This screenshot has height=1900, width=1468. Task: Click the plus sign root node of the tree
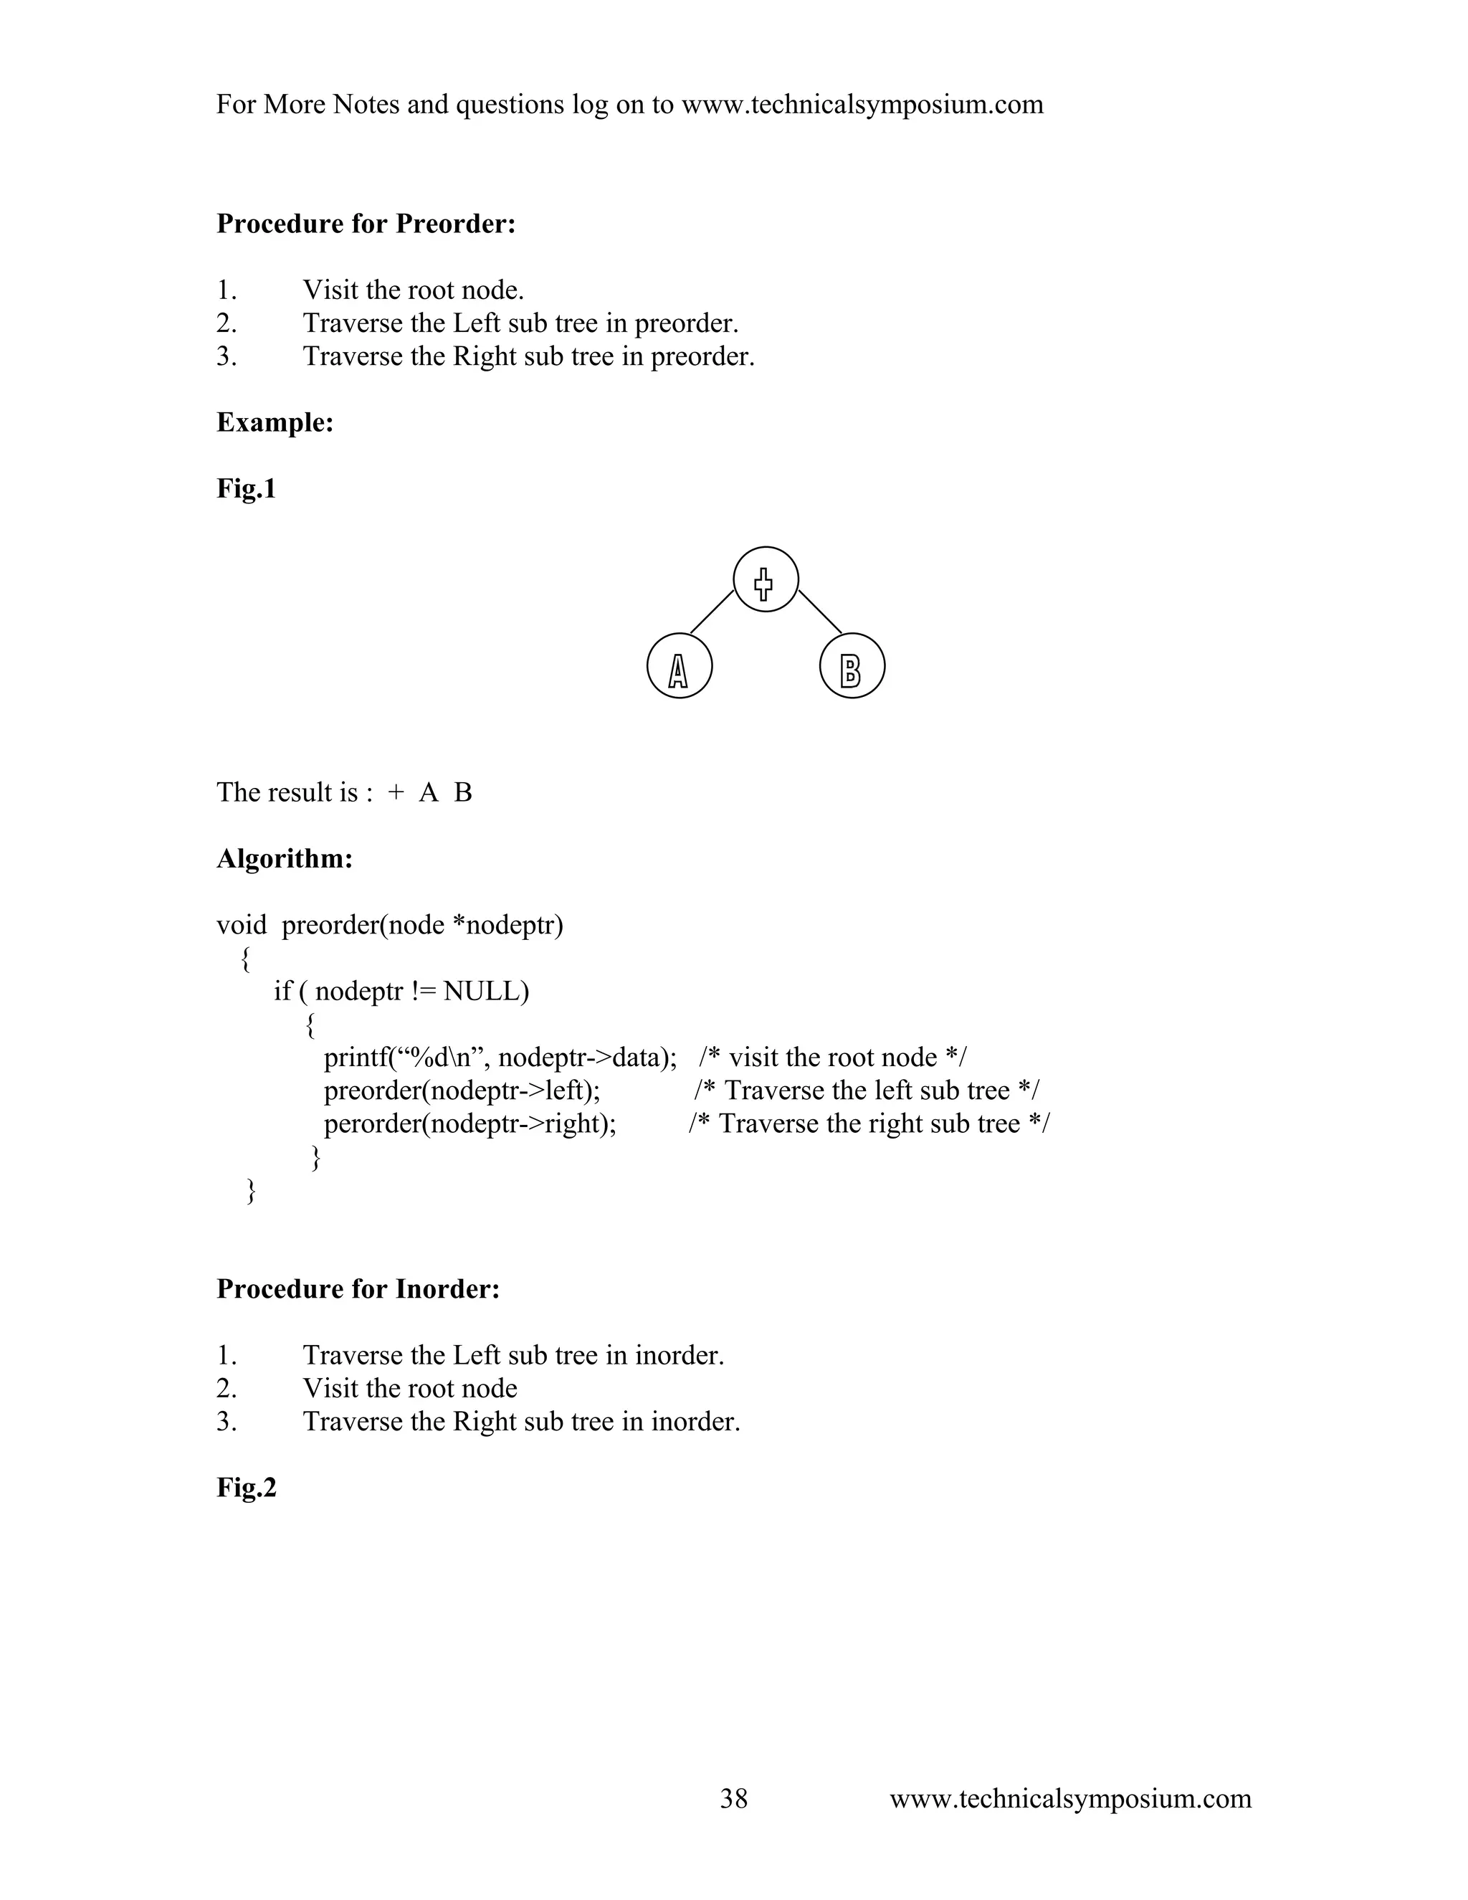(766, 579)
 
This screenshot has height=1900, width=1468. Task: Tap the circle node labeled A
(680, 665)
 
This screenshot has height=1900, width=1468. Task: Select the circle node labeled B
(852, 665)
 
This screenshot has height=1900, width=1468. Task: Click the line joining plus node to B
(820, 612)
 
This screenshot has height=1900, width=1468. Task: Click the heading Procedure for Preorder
(366, 224)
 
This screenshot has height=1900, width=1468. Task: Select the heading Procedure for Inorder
(358, 1288)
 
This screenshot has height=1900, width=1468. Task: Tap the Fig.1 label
(246, 489)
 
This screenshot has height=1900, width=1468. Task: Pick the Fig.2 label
(246, 1488)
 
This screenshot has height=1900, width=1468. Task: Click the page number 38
(733, 1798)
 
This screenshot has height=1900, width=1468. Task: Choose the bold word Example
(275, 423)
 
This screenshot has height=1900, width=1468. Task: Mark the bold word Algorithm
(285, 859)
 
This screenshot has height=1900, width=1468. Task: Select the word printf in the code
(355, 1057)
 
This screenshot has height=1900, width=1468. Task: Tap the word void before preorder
(241, 925)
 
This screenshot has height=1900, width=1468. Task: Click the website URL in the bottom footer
(1069, 1798)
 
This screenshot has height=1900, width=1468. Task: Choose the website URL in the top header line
(862, 105)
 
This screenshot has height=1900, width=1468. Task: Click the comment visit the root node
(832, 1057)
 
